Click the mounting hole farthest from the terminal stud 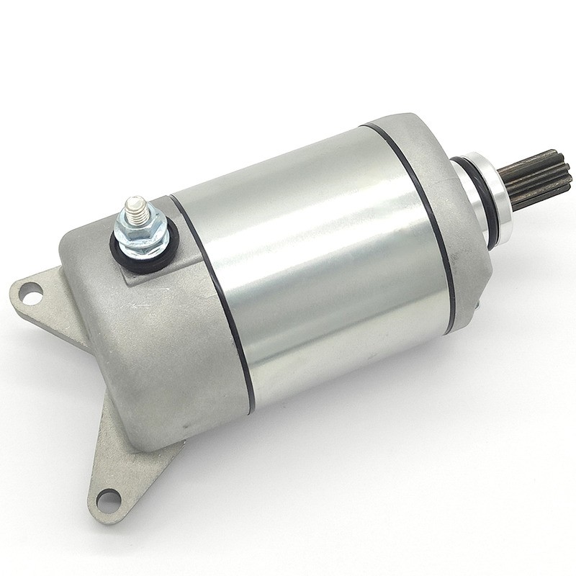[108, 497]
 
